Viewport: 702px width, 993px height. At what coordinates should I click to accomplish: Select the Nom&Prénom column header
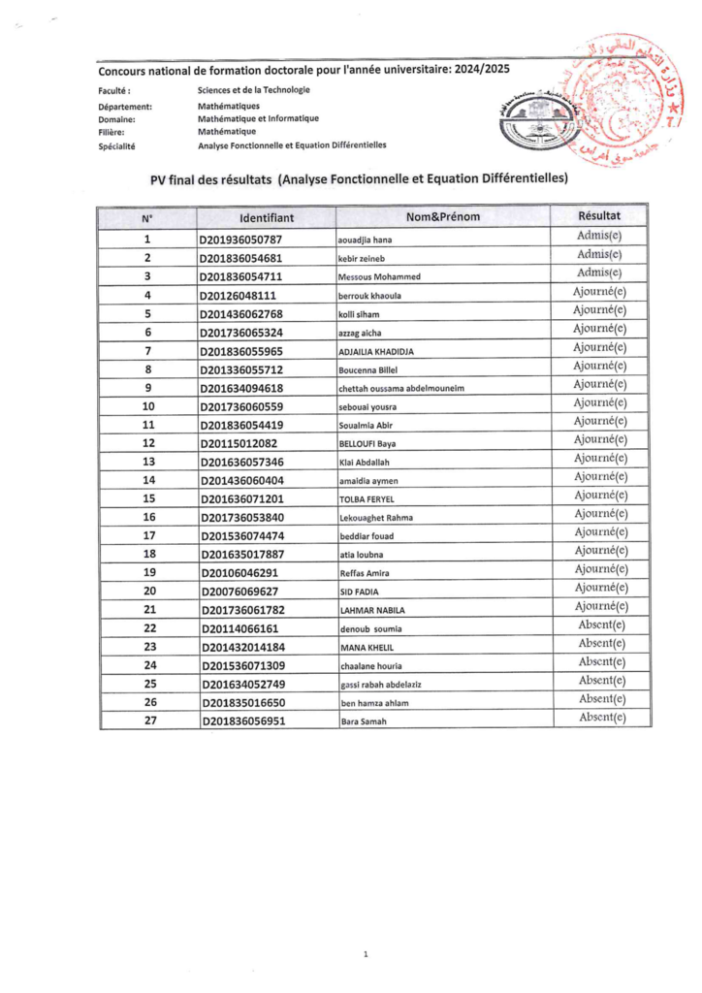click(443, 217)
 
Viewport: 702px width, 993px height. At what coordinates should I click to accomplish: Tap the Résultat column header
click(598, 216)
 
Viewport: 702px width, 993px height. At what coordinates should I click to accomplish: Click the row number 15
click(148, 497)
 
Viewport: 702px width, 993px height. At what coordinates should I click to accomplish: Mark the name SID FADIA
click(356, 591)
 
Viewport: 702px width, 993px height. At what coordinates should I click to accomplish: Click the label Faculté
click(115, 90)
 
